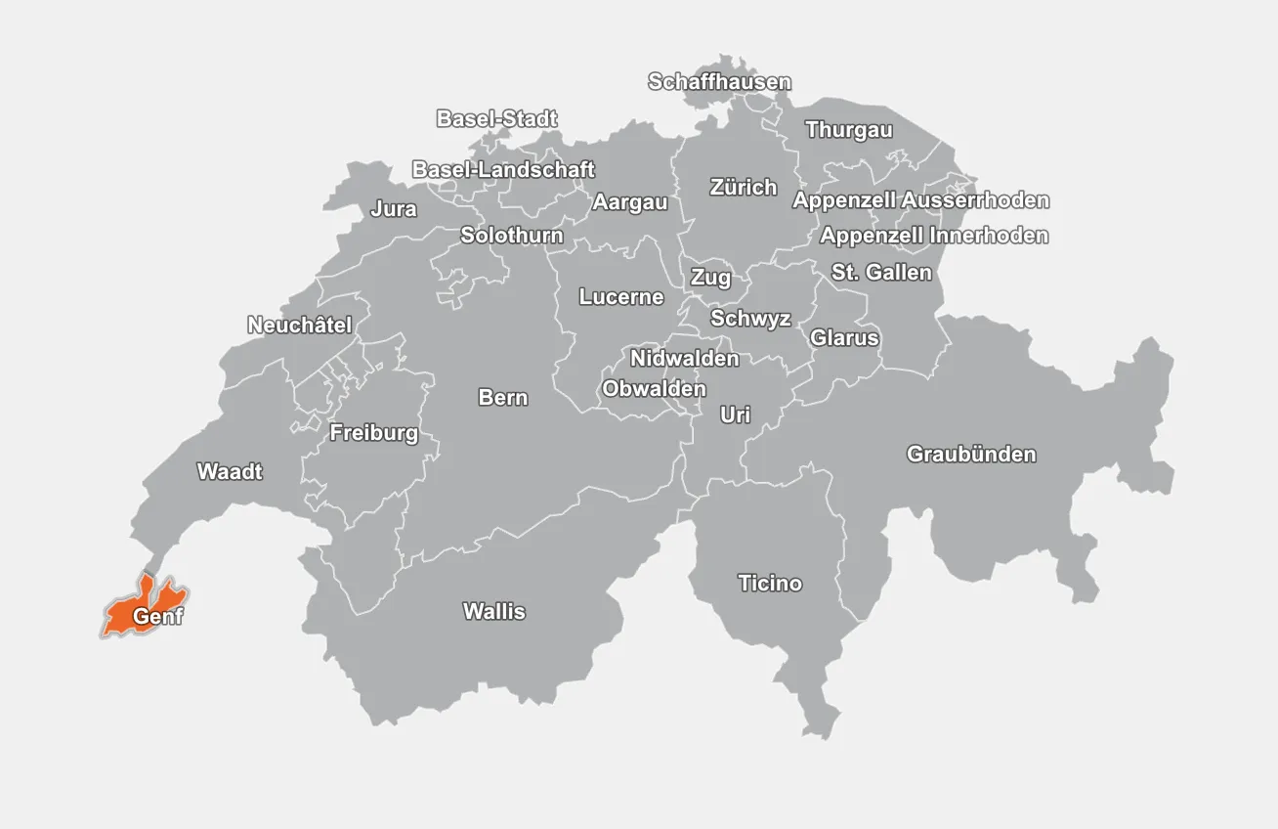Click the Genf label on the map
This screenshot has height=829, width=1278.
coord(157,617)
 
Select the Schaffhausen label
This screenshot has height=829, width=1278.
coord(719,82)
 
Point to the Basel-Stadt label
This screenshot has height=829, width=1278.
coord(496,119)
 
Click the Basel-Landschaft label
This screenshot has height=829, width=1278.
coord(503,169)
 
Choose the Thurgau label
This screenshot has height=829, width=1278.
coord(848,130)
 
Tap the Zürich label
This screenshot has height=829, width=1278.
coord(744,187)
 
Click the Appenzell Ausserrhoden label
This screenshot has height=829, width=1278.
coord(920,200)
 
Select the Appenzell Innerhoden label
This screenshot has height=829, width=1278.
coord(934,236)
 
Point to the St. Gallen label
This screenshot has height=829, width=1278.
coord(881,273)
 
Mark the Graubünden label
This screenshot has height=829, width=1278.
coord(971,455)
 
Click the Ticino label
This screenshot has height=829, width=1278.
coord(770,584)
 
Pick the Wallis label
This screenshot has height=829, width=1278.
coord(493,612)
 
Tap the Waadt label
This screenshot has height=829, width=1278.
coord(230,472)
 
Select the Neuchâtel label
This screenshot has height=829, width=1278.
coord(299,326)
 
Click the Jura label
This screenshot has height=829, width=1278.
coord(394,209)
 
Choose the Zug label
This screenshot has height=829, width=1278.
coord(710,278)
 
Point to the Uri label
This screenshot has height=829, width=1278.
coord(735,415)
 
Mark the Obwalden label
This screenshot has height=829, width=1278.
coord(654,389)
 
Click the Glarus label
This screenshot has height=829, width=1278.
coord(844,338)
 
